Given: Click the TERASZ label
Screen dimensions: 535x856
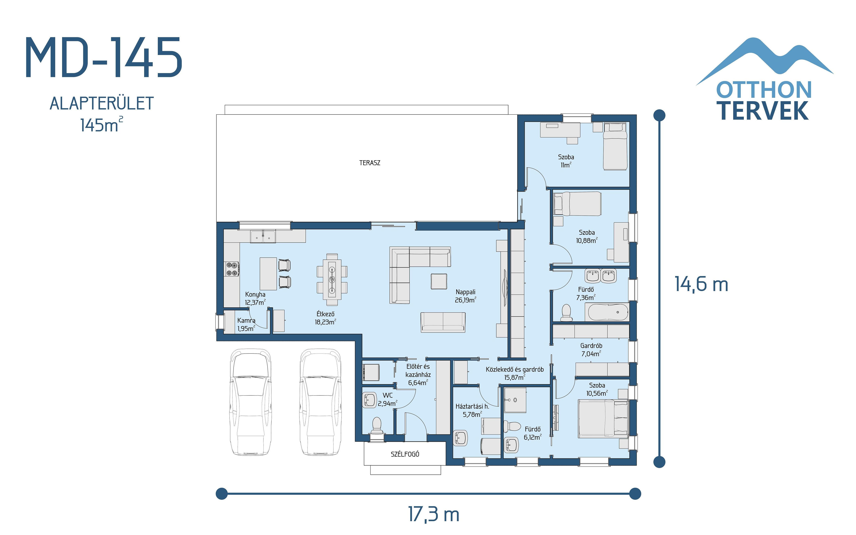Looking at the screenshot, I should coord(370,163).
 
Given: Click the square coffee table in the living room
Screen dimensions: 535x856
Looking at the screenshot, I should coord(439,281).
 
